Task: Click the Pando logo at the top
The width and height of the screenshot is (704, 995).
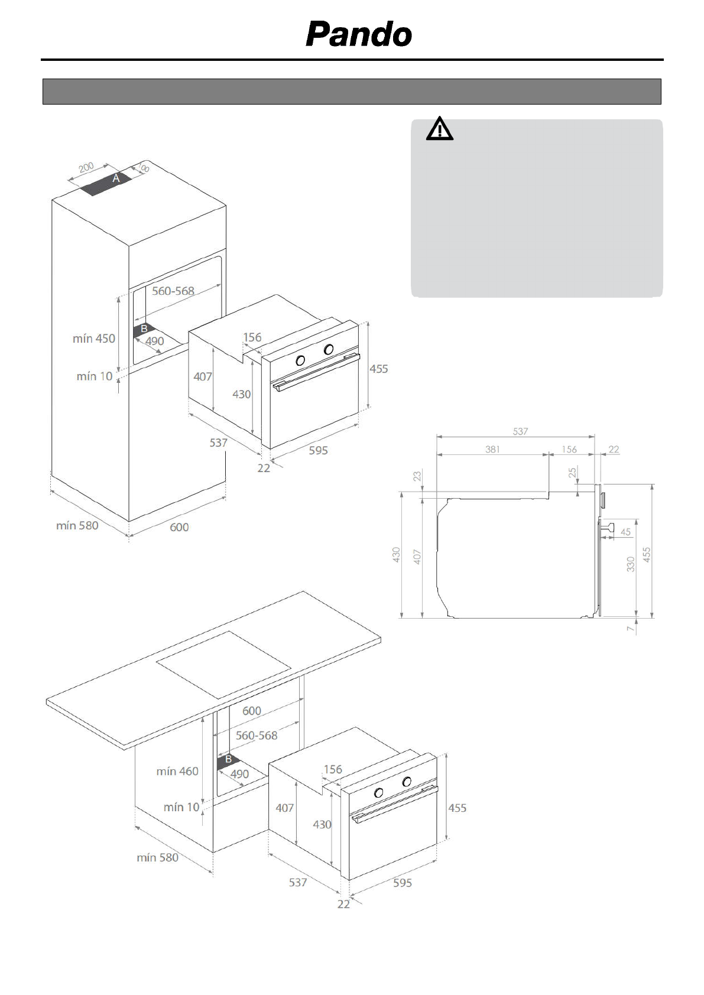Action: [x=359, y=34]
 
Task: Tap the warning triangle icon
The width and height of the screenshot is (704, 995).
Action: [x=439, y=129]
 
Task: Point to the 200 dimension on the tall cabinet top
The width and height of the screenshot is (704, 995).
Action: [x=86, y=168]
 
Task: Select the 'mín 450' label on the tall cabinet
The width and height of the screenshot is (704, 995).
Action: [x=94, y=339]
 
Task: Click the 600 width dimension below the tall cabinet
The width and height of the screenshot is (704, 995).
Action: [x=179, y=527]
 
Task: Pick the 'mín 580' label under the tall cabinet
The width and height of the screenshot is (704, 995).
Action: [x=77, y=525]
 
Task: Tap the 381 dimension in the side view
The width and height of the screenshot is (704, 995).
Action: [x=492, y=449]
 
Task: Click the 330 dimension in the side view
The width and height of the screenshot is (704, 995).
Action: [x=631, y=564]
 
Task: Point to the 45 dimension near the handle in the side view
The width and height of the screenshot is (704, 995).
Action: [x=625, y=532]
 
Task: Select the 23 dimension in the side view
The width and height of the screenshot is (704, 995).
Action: [x=417, y=476]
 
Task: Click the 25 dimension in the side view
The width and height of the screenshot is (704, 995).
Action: [x=572, y=473]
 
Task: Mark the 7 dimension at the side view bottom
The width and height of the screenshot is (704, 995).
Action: [x=631, y=629]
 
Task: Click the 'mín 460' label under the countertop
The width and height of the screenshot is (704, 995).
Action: [x=177, y=771]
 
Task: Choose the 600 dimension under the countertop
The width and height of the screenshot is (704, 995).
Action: [x=252, y=711]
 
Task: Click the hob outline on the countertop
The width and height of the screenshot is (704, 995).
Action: [x=223, y=664]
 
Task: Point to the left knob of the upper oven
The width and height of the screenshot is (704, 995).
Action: [x=300, y=360]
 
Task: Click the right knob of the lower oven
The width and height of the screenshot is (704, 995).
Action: [x=407, y=782]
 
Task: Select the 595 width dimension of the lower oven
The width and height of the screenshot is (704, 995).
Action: [x=403, y=883]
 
